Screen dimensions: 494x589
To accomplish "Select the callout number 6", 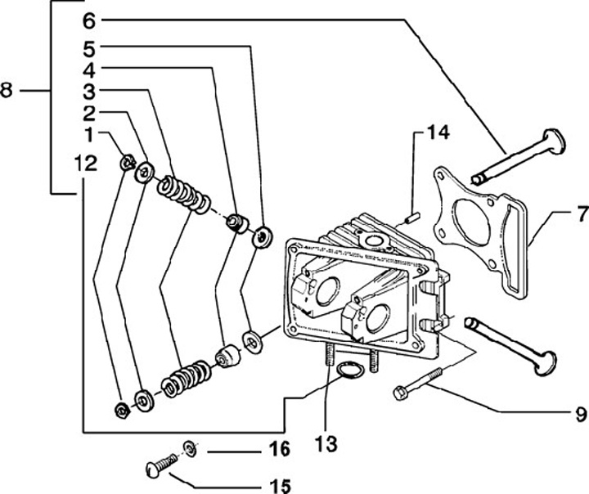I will tap(89, 17).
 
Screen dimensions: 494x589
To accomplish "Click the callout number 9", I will tap(580, 413).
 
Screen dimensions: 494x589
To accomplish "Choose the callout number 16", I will tap(279, 449).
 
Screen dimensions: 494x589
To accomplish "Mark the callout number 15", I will tap(279, 487).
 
